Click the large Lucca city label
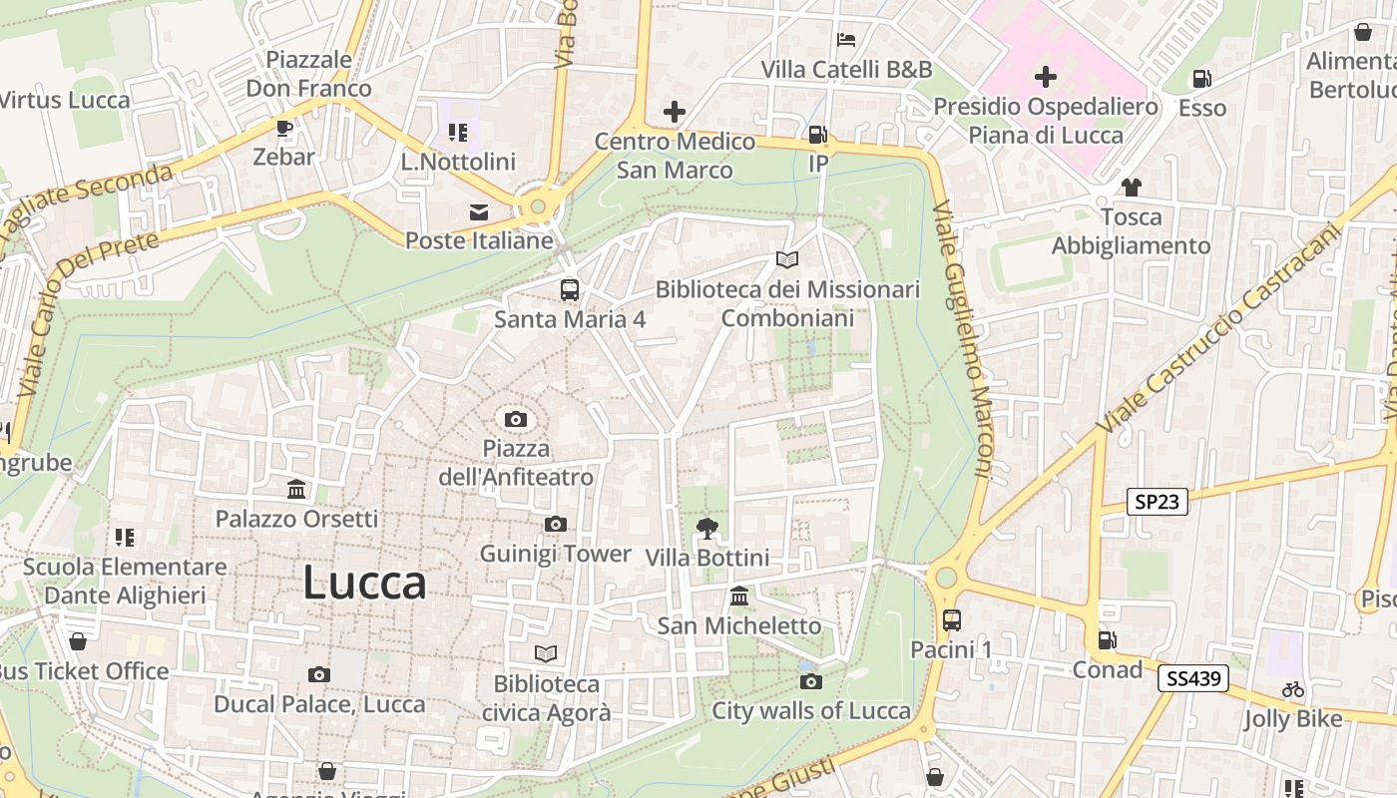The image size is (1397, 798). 364,583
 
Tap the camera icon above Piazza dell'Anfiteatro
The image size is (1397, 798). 515,419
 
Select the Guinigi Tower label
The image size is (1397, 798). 556,554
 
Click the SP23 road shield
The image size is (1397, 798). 1157,501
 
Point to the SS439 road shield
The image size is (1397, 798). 1192,679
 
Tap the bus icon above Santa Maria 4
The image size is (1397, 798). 569,290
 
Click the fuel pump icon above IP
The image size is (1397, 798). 817,134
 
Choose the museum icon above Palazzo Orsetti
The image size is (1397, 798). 296,490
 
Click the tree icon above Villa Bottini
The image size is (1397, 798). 707,528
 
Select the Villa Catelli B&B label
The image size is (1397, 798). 846,69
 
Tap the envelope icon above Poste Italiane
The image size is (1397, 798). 479,211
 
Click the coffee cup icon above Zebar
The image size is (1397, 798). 283,128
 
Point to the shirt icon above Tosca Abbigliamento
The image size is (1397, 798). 1131,187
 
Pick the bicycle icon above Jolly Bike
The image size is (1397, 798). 1293,689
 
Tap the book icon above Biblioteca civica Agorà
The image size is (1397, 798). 546,653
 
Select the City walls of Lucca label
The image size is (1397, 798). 810,710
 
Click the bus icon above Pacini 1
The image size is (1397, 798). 951,620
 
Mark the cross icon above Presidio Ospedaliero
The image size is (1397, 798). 1045,77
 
